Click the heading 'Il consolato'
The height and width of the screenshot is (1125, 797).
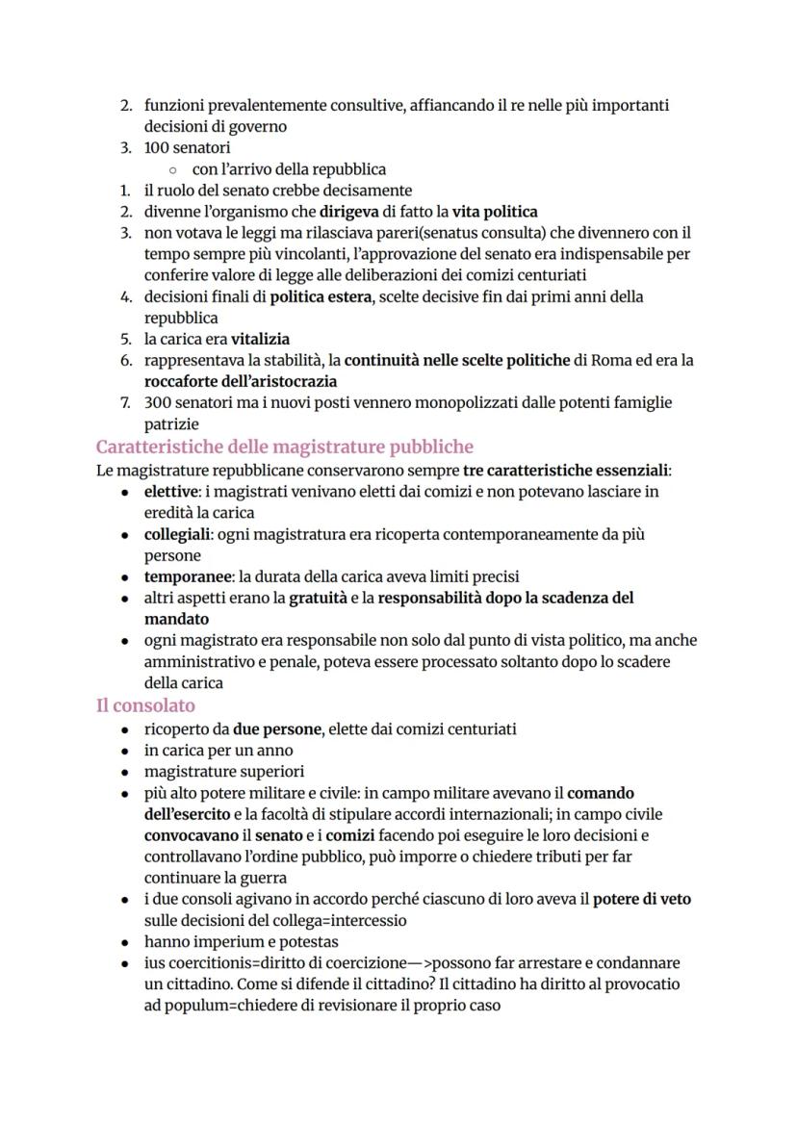click(145, 705)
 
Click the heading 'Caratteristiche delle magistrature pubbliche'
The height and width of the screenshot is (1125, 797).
click(284, 447)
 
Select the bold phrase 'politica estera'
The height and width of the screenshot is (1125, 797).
click(320, 296)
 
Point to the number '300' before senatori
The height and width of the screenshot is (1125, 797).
click(158, 402)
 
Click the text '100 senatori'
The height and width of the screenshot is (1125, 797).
click(187, 147)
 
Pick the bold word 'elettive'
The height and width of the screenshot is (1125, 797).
click(171, 492)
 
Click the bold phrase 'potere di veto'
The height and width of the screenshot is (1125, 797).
click(642, 899)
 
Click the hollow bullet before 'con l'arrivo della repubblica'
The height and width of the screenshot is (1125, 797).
click(170, 169)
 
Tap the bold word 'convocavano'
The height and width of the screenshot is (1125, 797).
click(191, 835)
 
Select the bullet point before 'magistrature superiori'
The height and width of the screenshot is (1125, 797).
click(125, 772)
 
